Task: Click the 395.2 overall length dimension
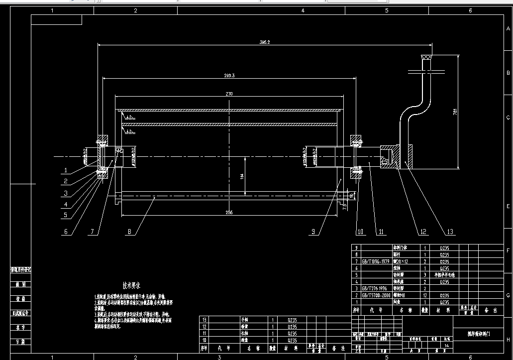pos(264,42)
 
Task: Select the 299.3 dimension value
pos(229,75)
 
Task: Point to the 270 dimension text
pos(229,93)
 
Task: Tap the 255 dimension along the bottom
pos(228,213)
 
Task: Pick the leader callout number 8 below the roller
pos(129,232)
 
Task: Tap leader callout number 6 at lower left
pos(66,232)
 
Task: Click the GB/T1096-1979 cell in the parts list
pos(376,261)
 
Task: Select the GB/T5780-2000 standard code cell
pos(376,295)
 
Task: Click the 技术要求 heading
pos(132,285)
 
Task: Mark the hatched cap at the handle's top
pos(426,57)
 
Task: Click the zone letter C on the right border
pos(508,118)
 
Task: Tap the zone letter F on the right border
pos(508,250)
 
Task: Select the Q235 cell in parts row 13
pos(292,320)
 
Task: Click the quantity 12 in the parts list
pos(425,295)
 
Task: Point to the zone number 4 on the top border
pos(303,10)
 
